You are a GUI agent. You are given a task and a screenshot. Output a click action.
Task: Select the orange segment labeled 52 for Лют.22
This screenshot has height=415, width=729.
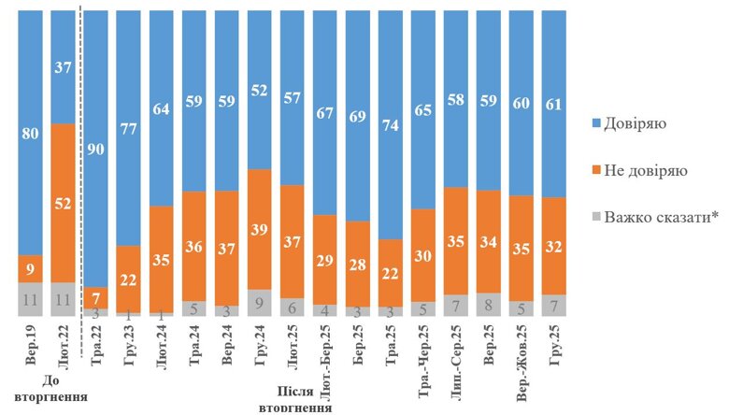pyautogui.click(x=63, y=202)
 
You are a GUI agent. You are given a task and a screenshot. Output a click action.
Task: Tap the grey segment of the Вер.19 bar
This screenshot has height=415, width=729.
pyautogui.click(x=30, y=299)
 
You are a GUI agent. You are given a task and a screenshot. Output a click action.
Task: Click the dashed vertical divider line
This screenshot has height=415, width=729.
pyautogui.click(x=81, y=187)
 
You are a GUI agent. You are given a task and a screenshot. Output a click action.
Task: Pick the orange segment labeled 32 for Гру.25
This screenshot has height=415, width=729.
pyautogui.click(x=553, y=246)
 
